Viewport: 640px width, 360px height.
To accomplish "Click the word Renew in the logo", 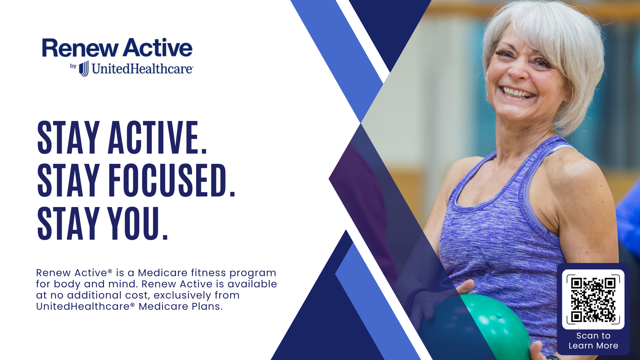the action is tap(80, 48).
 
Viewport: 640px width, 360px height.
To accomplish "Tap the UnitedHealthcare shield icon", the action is tap(84, 68).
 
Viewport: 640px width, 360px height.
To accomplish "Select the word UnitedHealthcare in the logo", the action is tap(143, 68).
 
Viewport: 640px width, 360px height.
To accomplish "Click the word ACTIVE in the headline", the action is tap(158, 138).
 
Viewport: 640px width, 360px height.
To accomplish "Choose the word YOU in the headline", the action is tap(138, 223).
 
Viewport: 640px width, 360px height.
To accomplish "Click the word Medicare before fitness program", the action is tap(163, 273).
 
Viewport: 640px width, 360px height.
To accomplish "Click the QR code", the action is tap(593, 300).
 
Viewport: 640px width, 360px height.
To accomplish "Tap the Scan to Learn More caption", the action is tap(593, 341).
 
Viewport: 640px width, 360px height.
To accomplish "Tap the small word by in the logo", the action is tap(73, 66).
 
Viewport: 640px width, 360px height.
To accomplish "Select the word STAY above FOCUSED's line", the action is tap(68, 138).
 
